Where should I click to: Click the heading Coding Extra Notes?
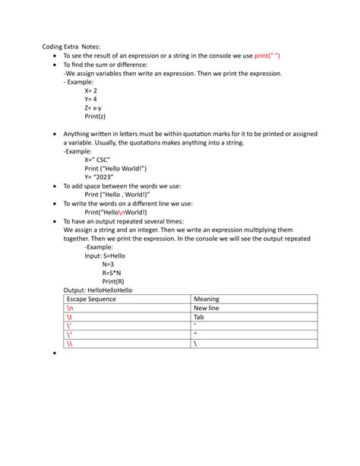[71, 46]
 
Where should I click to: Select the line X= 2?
[91, 90]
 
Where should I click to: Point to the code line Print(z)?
[96, 116]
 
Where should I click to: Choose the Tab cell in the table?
[199, 317]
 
